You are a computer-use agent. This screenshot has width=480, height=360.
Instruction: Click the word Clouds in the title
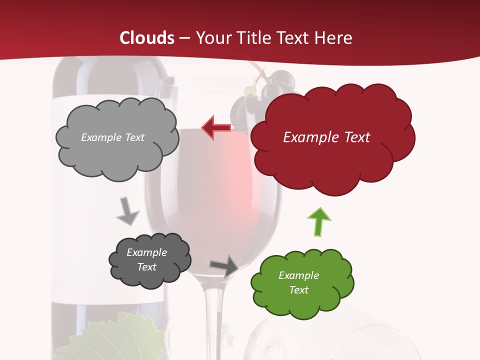pyautogui.click(x=147, y=38)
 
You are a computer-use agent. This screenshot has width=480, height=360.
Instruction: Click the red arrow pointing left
pyautogui.click(x=216, y=128)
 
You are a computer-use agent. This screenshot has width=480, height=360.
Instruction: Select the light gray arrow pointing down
pyautogui.click(x=127, y=211)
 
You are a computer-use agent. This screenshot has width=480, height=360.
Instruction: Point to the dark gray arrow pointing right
pyautogui.click(x=223, y=265)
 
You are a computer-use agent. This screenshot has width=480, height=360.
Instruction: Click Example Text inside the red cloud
pyautogui.click(x=326, y=137)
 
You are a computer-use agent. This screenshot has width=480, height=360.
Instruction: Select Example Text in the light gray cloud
pyautogui.click(x=112, y=137)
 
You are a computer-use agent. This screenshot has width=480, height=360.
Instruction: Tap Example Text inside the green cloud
pyautogui.click(x=298, y=282)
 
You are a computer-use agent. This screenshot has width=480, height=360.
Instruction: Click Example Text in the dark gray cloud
pyautogui.click(x=146, y=259)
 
